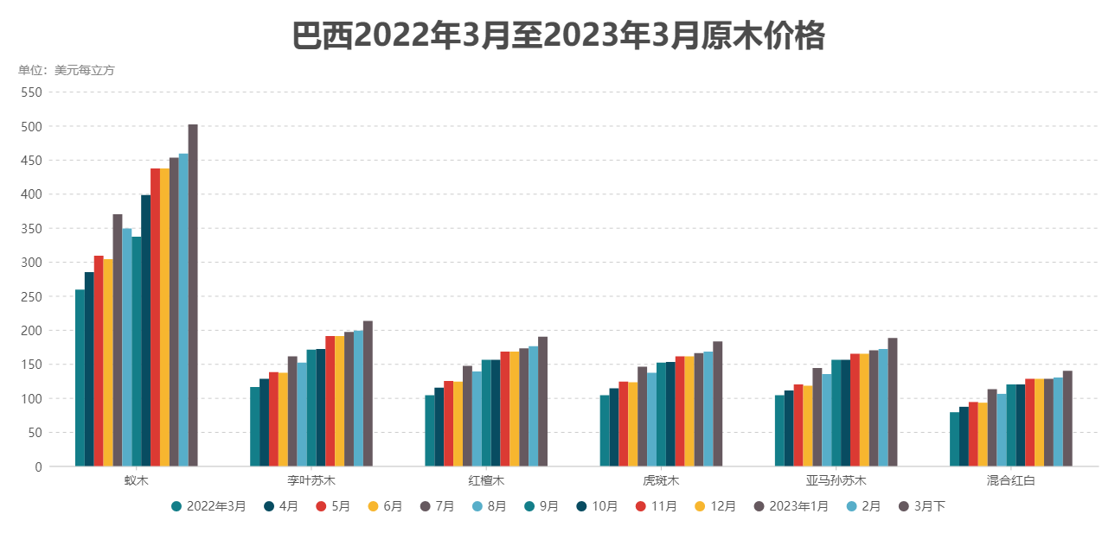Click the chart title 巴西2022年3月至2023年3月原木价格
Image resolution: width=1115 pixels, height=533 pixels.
click(x=558, y=37)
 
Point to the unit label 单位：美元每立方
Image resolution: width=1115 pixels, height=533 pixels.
click(x=67, y=70)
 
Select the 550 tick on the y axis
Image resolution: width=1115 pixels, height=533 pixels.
click(x=31, y=92)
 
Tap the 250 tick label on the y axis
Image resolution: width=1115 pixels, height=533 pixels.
click(x=31, y=296)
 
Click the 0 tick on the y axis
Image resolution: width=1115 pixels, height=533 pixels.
click(x=38, y=466)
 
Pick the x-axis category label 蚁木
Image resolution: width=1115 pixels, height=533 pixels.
click(x=136, y=480)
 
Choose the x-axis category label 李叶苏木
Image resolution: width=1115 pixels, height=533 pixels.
click(x=311, y=480)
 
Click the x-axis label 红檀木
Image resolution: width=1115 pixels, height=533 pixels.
click(x=486, y=480)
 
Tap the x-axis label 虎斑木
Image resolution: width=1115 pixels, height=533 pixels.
click(x=661, y=480)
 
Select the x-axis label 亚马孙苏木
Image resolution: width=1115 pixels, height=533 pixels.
click(x=836, y=480)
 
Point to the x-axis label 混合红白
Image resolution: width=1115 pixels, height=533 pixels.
click(x=1010, y=480)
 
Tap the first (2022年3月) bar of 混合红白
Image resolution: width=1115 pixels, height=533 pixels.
click(x=954, y=440)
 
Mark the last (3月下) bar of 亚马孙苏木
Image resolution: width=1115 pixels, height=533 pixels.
click(x=893, y=403)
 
